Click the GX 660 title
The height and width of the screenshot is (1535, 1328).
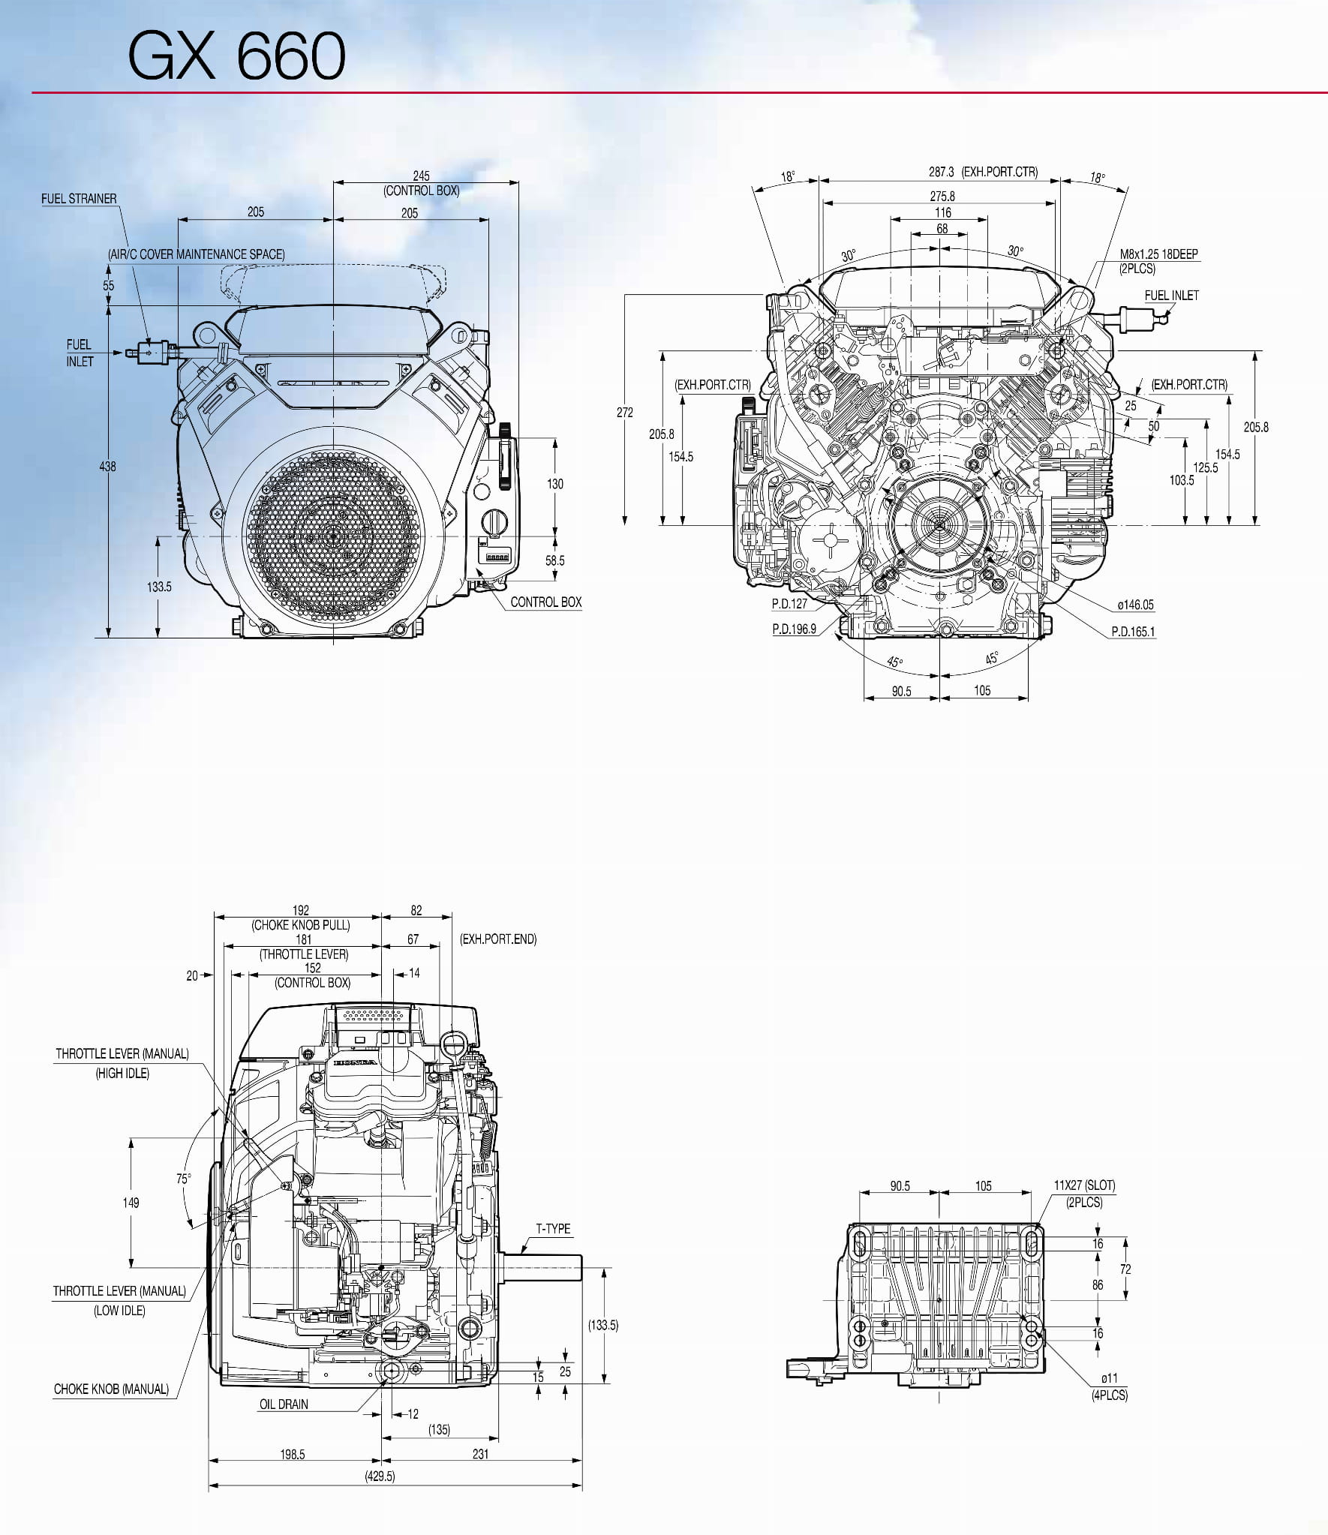[236, 56]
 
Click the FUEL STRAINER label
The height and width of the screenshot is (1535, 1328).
[79, 199]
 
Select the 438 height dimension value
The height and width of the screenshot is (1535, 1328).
[108, 467]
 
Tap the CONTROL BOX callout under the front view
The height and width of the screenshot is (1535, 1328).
[545, 602]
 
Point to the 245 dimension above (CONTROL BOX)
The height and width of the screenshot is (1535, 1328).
[422, 176]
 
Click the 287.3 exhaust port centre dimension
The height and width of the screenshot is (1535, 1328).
[941, 172]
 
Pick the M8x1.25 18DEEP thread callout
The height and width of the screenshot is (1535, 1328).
[1158, 254]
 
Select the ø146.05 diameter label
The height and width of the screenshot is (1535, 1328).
[1135, 605]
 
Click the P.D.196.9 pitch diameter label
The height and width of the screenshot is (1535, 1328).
[794, 629]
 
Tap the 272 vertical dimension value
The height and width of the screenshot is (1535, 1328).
[625, 413]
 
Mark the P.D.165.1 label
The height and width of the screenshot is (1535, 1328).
[1133, 632]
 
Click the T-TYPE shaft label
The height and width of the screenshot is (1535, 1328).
[553, 1229]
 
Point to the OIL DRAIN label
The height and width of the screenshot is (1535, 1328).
[284, 1404]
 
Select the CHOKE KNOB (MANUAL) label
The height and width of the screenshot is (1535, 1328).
[111, 1389]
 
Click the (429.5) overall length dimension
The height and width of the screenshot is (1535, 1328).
[380, 1476]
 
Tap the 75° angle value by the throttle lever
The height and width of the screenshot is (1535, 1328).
[184, 1179]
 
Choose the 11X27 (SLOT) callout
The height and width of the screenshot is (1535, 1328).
[1084, 1185]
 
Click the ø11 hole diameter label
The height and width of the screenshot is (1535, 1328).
[1110, 1378]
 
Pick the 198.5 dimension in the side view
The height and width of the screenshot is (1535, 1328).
[293, 1454]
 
